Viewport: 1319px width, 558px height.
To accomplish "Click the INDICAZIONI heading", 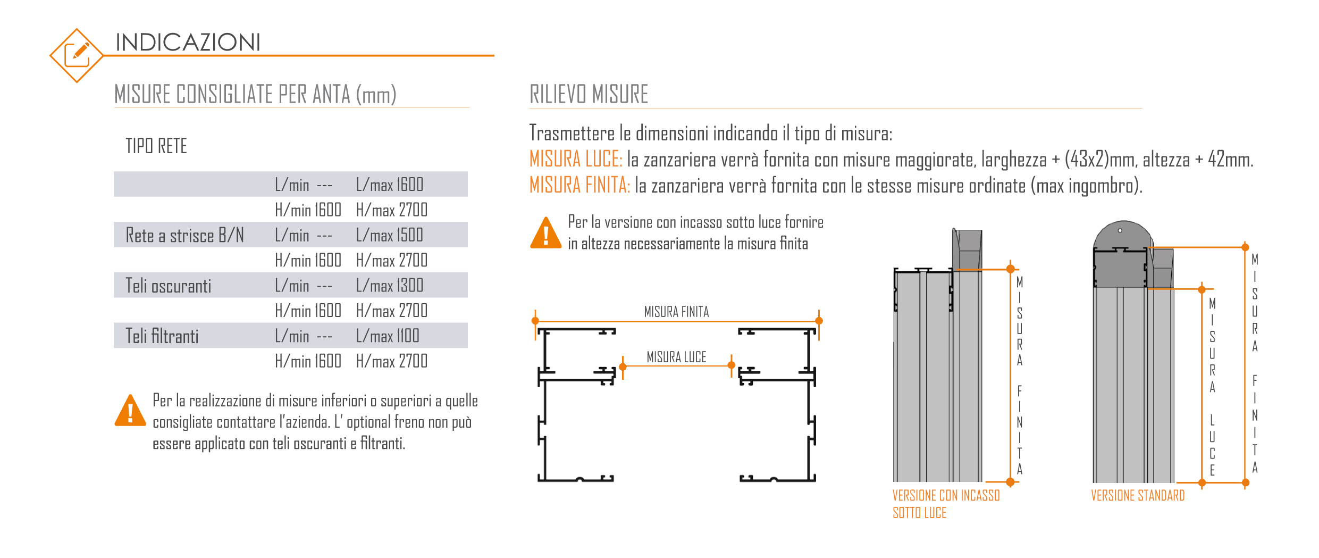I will click(x=188, y=43).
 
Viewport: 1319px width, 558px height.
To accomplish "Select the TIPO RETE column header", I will click(x=156, y=146).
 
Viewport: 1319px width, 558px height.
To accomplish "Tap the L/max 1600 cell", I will click(x=390, y=185).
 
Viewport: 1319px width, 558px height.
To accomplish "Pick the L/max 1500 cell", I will click(x=390, y=235).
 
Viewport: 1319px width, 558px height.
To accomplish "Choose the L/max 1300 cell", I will click(x=390, y=286).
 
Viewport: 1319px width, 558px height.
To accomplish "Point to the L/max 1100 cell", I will click(x=388, y=336).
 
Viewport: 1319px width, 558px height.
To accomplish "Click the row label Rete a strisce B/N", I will click(x=184, y=235).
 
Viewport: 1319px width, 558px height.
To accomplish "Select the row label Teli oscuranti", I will click(x=168, y=286).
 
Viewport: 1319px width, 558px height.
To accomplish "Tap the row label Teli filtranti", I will click(x=162, y=336).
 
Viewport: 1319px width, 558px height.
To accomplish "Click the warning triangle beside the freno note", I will click(x=130, y=412).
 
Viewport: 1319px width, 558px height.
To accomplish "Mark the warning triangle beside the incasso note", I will click(x=545, y=234).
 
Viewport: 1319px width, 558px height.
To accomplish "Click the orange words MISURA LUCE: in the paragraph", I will click(x=576, y=159).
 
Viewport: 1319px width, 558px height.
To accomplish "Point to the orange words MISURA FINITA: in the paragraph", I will click(x=579, y=185).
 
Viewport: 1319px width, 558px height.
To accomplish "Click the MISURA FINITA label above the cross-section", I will click(x=676, y=312).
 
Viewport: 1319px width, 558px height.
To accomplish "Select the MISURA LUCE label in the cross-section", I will click(x=676, y=357).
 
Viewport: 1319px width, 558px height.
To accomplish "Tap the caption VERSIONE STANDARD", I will click(x=1138, y=496).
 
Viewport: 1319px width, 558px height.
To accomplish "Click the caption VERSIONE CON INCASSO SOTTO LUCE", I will click(x=945, y=504).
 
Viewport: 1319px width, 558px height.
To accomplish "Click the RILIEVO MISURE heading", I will click(x=589, y=94).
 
